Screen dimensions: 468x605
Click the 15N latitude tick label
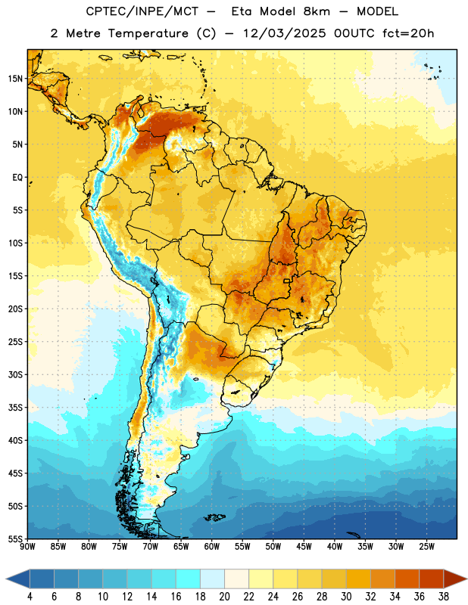coord(15,79)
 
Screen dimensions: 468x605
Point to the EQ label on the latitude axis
coord(17,178)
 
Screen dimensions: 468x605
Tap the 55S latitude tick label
coord(15,538)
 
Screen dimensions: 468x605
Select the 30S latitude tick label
coord(15,374)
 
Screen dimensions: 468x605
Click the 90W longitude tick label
coord(27,546)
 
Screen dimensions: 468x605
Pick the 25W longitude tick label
coord(426,546)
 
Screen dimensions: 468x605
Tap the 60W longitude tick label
coord(212,546)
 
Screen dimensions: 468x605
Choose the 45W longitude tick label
coord(304,546)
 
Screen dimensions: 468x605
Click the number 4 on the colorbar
coord(30,597)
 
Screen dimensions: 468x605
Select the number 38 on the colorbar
coord(444,597)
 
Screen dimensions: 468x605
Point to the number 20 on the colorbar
coord(224,597)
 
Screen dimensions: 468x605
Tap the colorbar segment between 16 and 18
coord(189,579)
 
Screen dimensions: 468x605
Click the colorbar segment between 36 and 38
coord(432,579)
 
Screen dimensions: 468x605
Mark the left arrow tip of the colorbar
coord(6,579)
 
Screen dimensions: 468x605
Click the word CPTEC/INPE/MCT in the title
coord(142,12)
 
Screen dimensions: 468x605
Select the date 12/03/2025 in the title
coord(284,33)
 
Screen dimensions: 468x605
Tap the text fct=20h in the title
coord(408,33)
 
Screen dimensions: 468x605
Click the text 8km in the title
coord(317,11)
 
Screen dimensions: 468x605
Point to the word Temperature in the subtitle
coord(148,34)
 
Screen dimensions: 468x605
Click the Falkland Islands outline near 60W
coord(215,517)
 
